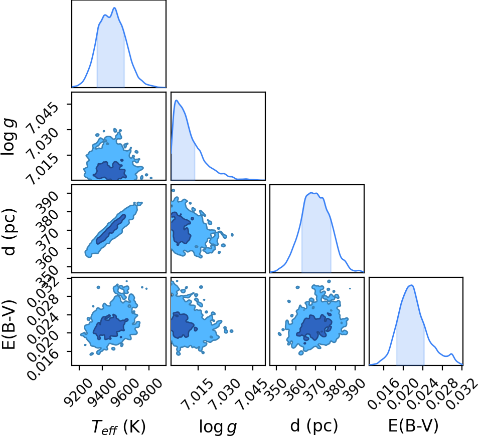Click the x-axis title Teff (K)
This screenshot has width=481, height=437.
[x=118, y=426]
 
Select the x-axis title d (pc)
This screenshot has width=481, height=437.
[x=314, y=425]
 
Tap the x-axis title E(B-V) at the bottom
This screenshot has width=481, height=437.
[x=413, y=425]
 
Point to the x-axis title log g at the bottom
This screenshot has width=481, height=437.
[x=218, y=426]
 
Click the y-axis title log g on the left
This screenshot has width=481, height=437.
[x=9, y=137]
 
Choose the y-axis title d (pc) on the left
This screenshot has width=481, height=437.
[x=9, y=232]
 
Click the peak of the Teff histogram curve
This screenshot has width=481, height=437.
[x=114, y=8]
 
